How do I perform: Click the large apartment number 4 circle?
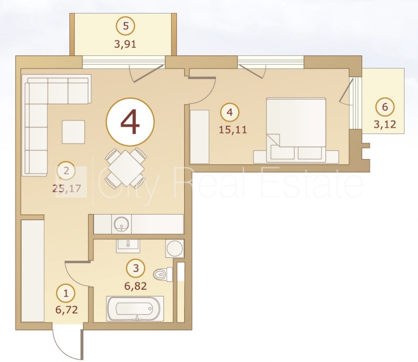pyautogui.click(x=130, y=122)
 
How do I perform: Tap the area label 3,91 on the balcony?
pyautogui.click(x=125, y=44)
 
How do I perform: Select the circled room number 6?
pyautogui.click(x=385, y=107)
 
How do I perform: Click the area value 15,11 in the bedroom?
pyautogui.click(x=233, y=130)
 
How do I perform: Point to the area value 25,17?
pyautogui.click(x=66, y=189)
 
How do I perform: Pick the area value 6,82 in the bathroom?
pyautogui.click(x=136, y=286)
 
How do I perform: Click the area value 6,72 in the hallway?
pyautogui.click(x=67, y=310)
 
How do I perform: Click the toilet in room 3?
pyautogui.click(x=163, y=274)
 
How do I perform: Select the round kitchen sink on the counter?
pyautogui.click(x=121, y=223)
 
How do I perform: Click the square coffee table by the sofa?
pyautogui.click(x=73, y=132)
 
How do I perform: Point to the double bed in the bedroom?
pyautogui.click(x=296, y=130)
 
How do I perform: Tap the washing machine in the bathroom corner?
pyautogui.click(x=175, y=249)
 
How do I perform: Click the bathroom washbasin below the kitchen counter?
pyautogui.click(x=128, y=246)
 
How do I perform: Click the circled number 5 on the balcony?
pyautogui.click(x=126, y=26)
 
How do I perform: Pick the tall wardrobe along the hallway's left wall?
pyautogui.click(x=33, y=271)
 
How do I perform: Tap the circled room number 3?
pyautogui.click(x=136, y=268)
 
